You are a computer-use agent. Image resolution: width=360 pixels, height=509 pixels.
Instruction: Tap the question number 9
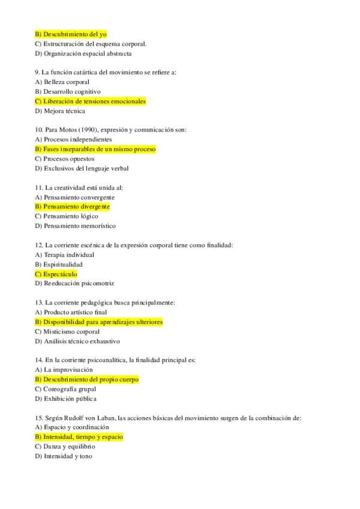click(x=38, y=73)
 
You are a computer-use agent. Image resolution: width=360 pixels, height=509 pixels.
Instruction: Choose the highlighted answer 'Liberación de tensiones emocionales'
click(x=91, y=101)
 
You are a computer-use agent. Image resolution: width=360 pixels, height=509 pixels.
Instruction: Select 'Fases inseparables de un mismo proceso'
click(x=95, y=149)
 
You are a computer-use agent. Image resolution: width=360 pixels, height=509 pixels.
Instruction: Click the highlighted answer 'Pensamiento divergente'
click(x=73, y=206)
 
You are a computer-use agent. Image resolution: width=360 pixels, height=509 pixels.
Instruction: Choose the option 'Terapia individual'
click(x=68, y=254)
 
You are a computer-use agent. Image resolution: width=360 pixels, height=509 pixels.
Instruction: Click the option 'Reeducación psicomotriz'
click(x=74, y=283)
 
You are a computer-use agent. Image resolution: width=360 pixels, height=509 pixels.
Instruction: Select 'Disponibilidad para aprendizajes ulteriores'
click(x=99, y=322)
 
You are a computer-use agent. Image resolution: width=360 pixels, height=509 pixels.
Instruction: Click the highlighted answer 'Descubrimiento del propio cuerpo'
click(x=87, y=379)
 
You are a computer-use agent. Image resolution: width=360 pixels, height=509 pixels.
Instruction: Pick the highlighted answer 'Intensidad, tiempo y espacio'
click(x=79, y=437)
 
